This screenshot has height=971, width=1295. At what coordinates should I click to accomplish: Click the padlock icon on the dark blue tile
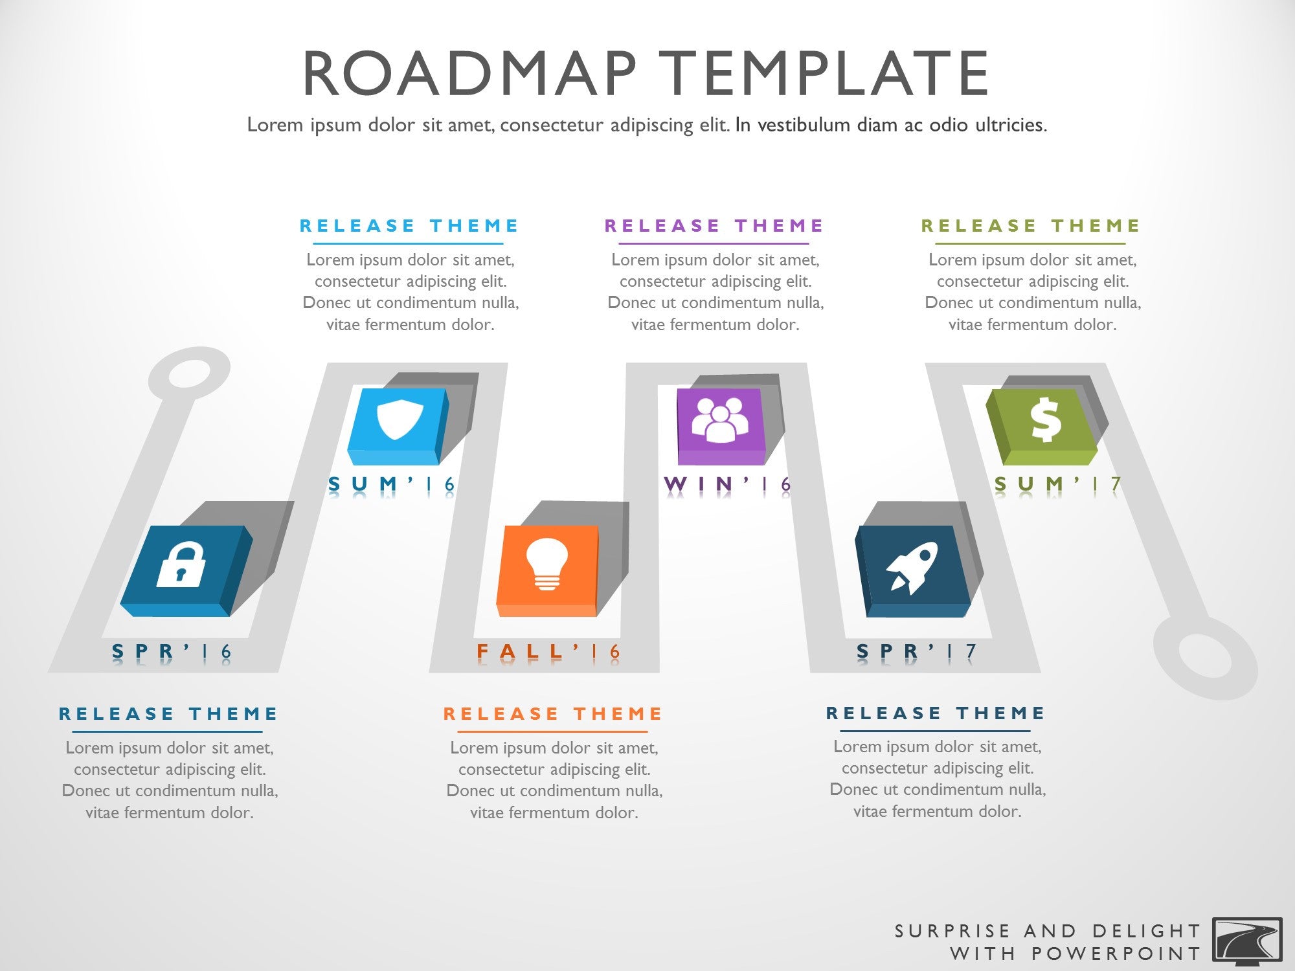tap(181, 564)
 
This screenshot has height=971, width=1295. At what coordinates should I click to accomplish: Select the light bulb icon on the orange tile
tap(547, 564)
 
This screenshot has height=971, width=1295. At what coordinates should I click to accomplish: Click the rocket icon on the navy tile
tap(912, 568)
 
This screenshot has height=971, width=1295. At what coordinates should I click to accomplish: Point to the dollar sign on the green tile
tap(1046, 419)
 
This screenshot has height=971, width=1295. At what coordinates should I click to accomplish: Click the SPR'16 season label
tap(172, 651)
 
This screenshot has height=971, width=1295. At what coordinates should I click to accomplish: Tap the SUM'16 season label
tap(392, 484)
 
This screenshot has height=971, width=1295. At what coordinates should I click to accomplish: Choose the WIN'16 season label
tap(728, 484)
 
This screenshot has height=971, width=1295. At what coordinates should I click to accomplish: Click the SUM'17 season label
tap(1057, 484)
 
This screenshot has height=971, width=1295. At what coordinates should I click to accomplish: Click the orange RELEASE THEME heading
tap(552, 713)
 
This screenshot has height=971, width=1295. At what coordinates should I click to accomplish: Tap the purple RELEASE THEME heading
tap(714, 225)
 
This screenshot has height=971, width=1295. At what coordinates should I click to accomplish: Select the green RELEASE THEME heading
tap(1030, 225)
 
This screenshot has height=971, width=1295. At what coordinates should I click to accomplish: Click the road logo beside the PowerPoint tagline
tap(1247, 941)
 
